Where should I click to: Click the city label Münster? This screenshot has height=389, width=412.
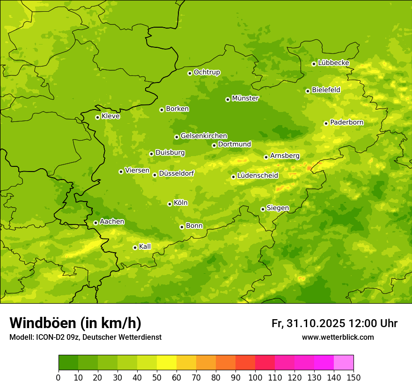coord(245,98)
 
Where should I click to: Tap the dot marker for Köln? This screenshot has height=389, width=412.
coord(169,204)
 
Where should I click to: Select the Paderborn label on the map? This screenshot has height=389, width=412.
coord(347,122)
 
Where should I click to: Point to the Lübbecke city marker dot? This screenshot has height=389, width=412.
coord(314,64)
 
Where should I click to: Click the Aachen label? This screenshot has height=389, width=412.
coord(112,222)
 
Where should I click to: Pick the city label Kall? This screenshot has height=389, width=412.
coord(145,247)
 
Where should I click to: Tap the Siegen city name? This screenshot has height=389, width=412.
coord(278,208)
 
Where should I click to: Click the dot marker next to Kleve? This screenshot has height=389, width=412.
coord(97,117)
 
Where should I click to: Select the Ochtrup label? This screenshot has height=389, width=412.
coord(207,72)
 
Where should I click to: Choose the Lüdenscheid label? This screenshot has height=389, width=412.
coord(257,176)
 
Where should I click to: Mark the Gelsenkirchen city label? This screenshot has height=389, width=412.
coord(204,136)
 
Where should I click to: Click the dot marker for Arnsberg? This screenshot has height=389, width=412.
coord(266,157)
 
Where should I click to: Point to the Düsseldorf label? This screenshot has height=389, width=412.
coord(177,173)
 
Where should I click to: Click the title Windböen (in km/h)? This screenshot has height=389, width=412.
coord(75,323)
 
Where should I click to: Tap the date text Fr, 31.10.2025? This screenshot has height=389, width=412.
coord(309,323)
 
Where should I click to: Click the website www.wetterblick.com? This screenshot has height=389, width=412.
coord(338,337)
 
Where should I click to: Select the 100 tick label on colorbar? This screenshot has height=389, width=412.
coord(255,378)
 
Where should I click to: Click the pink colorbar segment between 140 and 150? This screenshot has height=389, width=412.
coord(344,363)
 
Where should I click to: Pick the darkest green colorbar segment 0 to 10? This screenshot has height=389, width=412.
coord(68,363)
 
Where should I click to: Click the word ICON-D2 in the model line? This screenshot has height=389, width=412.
coord(50,337)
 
